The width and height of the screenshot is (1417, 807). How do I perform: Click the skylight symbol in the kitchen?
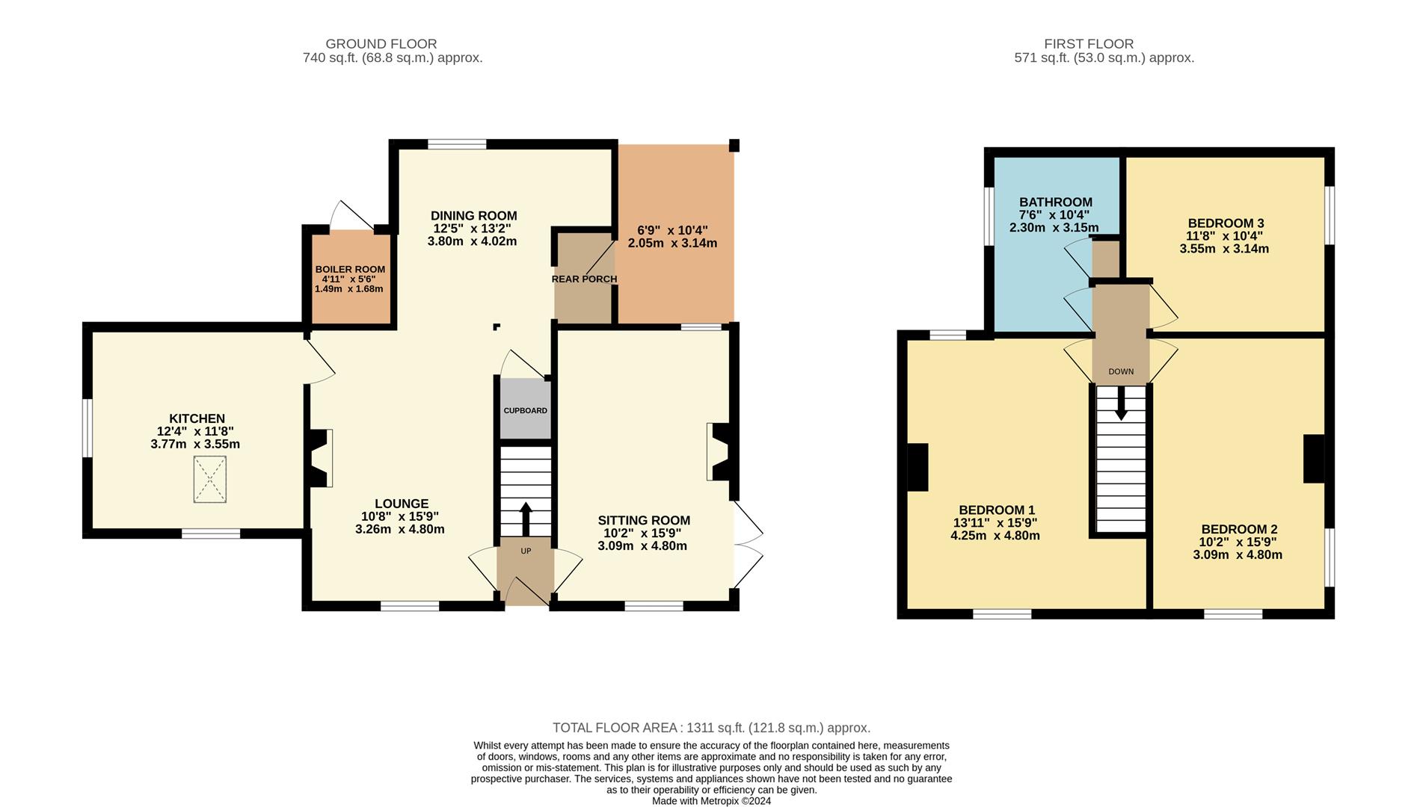[x=209, y=480]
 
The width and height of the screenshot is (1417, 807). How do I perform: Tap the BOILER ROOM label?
[x=350, y=269]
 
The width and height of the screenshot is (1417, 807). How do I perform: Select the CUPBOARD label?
[x=525, y=411]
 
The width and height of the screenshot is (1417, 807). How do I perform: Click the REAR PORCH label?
[x=584, y=279]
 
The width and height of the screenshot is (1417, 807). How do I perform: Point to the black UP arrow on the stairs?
[x=525, y=516]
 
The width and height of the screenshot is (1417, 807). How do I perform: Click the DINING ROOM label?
[x=473, y=216]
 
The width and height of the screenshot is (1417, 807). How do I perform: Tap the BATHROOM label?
[x=1055, y=202]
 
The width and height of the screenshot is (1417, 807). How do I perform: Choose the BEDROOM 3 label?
[x=1226, y=223]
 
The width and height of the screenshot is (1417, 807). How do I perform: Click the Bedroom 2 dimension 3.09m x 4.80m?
[x=1238, y=555]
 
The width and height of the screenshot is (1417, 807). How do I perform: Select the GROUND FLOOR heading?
[x=381, y=44]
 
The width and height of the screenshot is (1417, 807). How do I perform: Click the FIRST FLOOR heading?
[x=1089, y=44]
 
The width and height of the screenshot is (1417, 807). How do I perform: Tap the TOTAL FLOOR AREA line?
[x=711, y=728]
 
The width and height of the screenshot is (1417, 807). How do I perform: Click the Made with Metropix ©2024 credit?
[x=711, y=801]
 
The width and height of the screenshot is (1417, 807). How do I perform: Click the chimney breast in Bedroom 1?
[x=917, y=468]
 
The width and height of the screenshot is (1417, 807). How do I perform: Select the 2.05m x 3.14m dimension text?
[x=672, y=243]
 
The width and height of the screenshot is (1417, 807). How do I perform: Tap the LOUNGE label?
[x=402, y=504]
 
